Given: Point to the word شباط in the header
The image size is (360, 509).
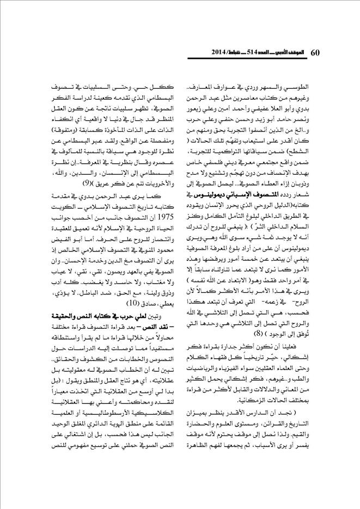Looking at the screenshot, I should click(229, 53).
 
